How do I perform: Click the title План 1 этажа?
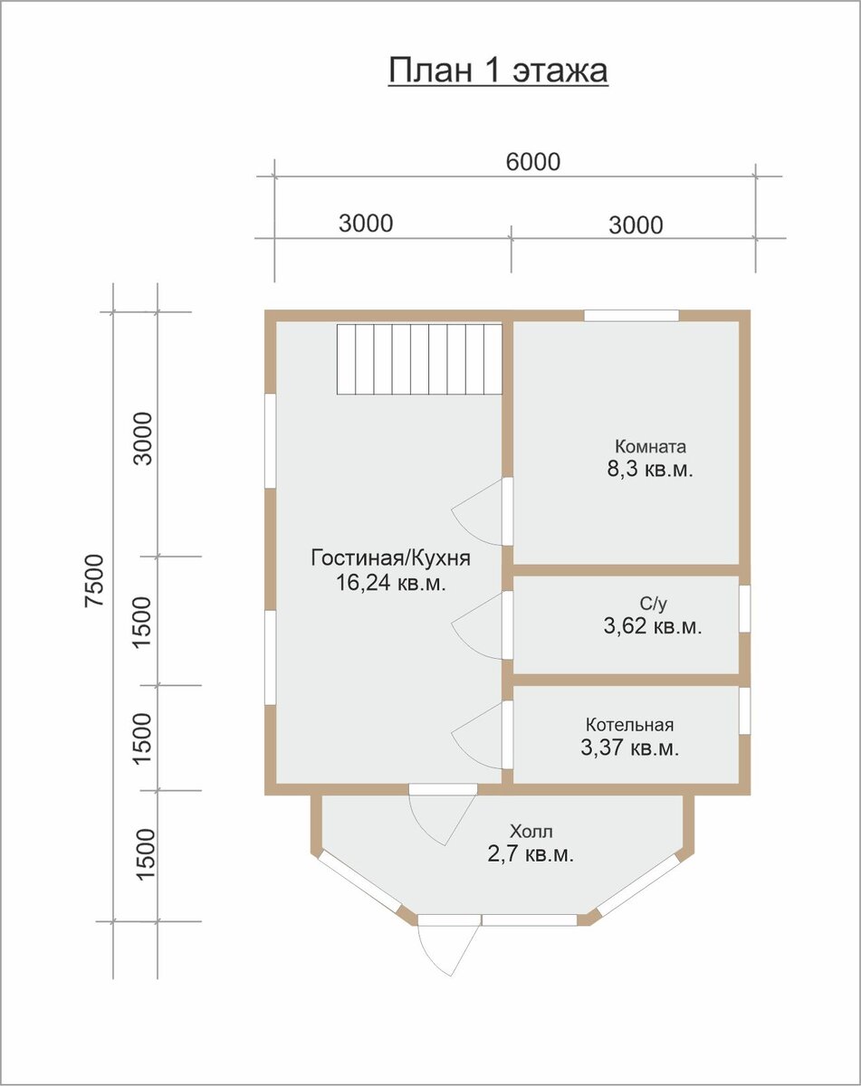498,71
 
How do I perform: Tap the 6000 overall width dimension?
533,162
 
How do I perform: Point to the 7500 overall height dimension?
94,580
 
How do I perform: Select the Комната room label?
650,446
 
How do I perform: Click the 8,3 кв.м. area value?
650,470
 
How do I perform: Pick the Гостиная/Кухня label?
391,558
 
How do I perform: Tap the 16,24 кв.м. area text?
391,583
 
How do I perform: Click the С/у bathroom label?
654,604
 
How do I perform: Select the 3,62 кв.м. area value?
653,626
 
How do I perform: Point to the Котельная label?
630,725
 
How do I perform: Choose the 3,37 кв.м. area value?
630,748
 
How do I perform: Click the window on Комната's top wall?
631,316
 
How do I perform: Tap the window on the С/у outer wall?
745,608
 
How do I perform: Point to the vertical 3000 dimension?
142,438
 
